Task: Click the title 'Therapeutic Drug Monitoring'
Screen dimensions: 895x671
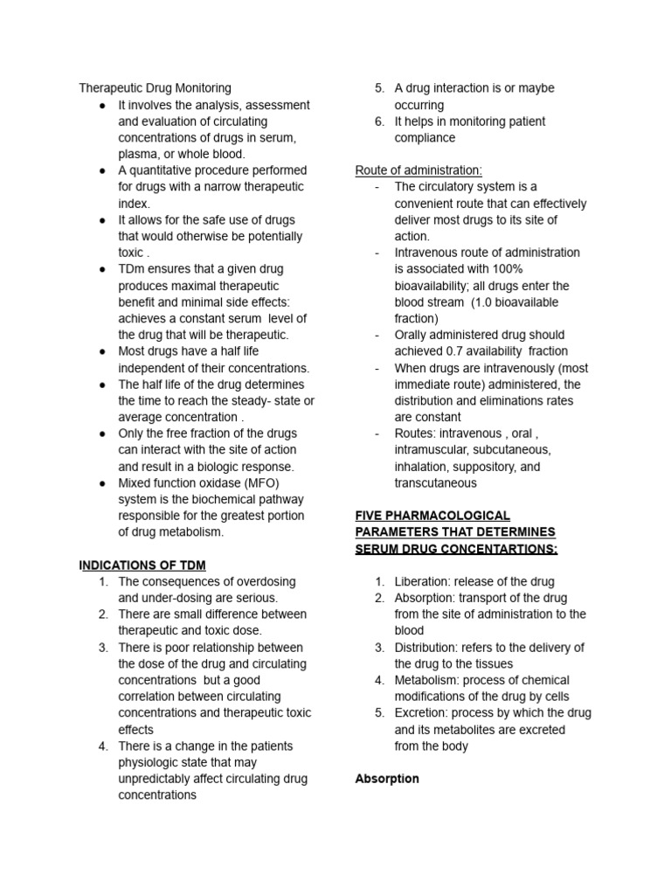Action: [x=155, y=88]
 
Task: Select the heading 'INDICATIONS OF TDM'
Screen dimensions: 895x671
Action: [x=142, y=565]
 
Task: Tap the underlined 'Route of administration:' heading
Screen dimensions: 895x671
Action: [x=419, y=170]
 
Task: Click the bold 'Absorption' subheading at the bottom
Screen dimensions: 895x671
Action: [x=387, y=779]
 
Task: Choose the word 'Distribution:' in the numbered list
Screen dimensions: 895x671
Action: [x=430, y=648]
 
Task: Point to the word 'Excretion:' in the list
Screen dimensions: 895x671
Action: [x=423, y=713]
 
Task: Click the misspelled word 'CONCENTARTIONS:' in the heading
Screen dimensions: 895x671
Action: [x=502, y=549]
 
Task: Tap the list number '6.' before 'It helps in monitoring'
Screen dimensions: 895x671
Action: [x=379, y=121]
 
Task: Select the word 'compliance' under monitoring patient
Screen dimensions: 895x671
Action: [x=425, y=138]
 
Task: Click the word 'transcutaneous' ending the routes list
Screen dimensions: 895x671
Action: [x=435, y=483]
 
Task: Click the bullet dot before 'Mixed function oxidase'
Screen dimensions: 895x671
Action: [x=102, y=483]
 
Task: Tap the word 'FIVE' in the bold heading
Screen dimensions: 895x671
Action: [x=370, y=516]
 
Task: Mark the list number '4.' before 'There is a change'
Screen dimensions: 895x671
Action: [x=103, y=746]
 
